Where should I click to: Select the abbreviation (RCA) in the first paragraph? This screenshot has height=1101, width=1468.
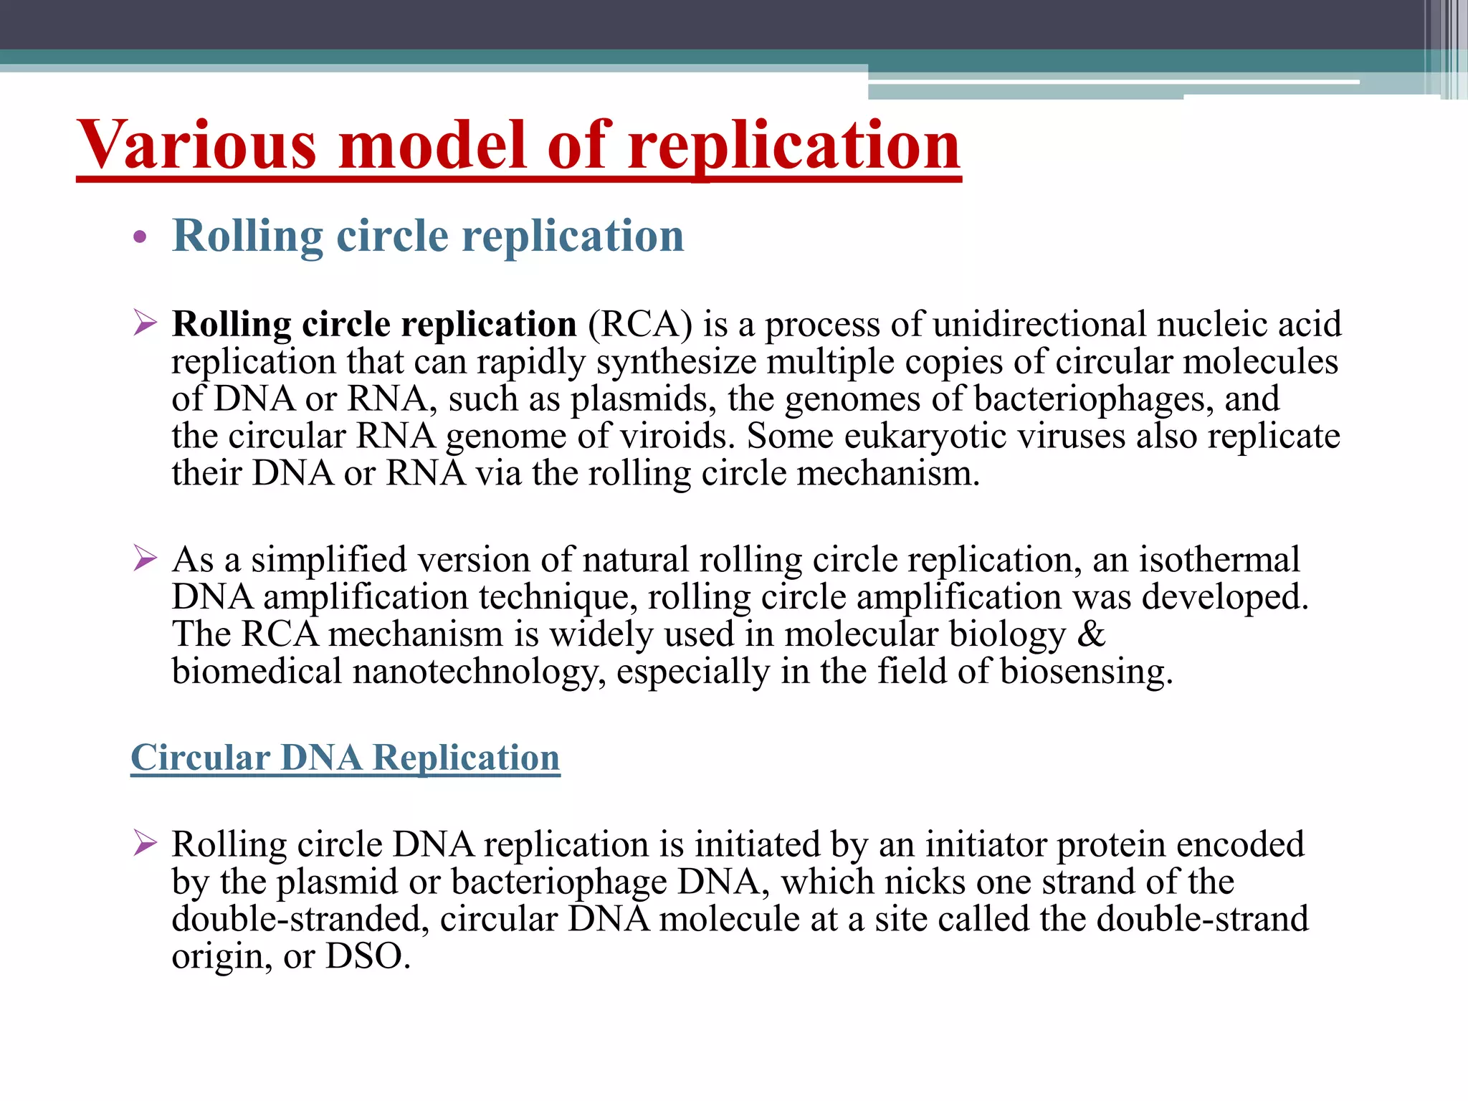639,324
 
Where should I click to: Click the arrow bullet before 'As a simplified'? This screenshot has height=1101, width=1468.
145,558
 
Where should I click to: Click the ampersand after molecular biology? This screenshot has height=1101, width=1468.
1091,634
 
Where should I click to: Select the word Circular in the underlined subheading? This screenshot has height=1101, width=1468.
201,758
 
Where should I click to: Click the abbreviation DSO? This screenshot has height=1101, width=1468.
368,956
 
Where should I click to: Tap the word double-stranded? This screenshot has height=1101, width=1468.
300,919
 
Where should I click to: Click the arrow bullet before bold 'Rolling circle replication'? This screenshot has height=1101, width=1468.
145,324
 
